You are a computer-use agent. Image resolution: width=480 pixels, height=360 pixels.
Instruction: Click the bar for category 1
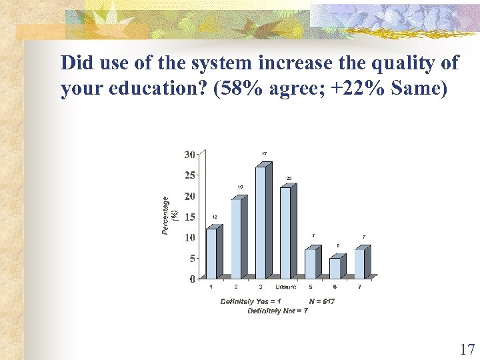tap(211, 253)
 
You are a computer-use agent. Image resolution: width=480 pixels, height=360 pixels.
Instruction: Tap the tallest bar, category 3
tap(261, 223)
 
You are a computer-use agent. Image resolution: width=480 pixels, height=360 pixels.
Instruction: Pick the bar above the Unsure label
tap(286, 233)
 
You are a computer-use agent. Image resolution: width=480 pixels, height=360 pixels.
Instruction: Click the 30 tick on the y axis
tap(189, 155)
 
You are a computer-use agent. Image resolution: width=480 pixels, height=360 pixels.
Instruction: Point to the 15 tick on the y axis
tap(189, 217)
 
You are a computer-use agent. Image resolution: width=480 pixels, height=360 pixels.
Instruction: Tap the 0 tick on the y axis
tap(192, 279)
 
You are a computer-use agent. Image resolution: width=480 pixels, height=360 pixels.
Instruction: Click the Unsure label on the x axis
tap(286, 287)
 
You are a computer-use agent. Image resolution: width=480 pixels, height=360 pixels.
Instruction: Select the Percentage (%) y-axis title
tap(169, 215)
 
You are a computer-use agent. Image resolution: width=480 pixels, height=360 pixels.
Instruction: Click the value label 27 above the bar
tap(264, 154)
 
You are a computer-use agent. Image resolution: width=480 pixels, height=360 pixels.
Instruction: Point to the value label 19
tap(239, 187)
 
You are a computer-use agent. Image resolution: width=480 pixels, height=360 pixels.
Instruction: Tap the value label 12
tap(215, 217)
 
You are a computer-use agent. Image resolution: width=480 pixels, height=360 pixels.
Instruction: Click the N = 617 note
tap(322, 301)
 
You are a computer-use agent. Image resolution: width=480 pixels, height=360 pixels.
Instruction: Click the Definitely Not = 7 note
tap(277, 311)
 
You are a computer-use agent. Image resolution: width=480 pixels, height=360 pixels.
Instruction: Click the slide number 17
tap(466, 349)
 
